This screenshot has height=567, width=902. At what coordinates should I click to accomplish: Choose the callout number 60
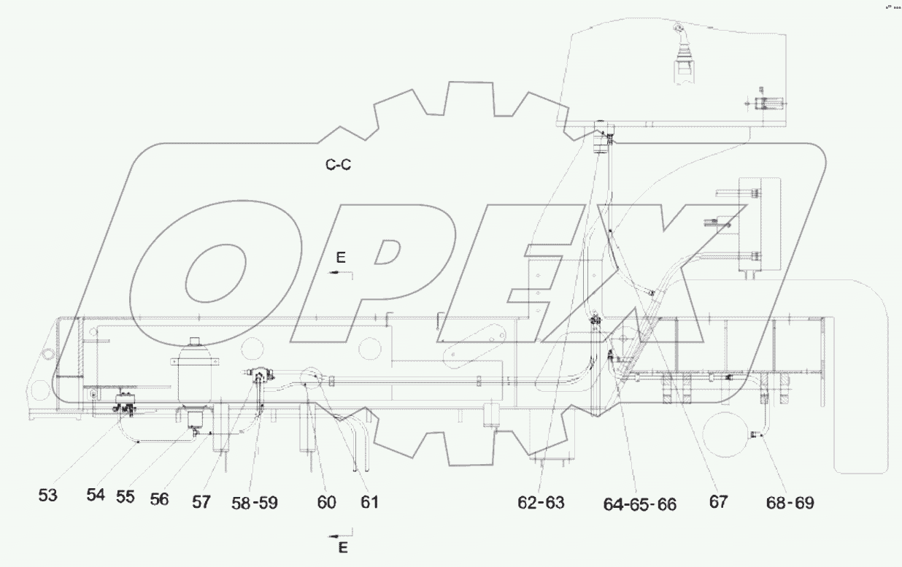pos(326,502)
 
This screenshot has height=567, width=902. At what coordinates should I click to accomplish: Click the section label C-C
pos(338,165)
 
